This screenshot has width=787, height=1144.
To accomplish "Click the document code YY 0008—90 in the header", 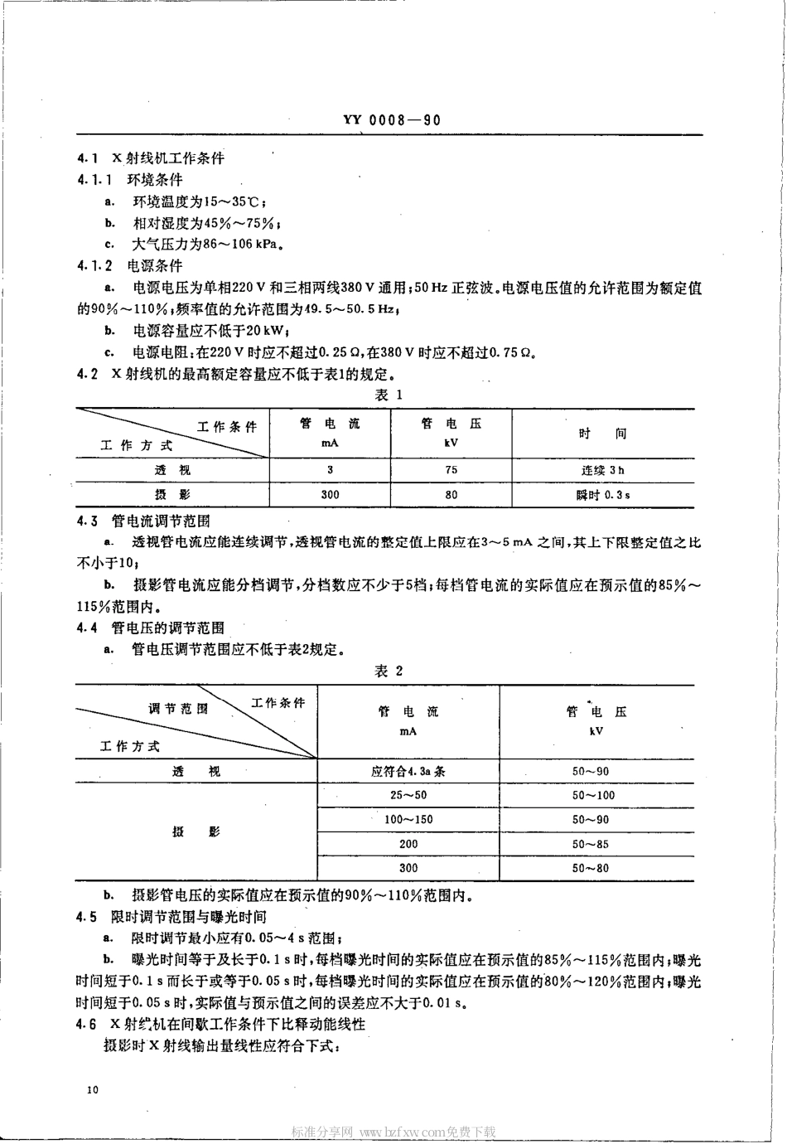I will (x=392, y=119).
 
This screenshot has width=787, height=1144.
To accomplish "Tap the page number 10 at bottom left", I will (x=91, y=1089).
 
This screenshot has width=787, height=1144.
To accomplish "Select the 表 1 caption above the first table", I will (x=389, y=395).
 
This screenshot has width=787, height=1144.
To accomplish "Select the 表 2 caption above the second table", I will (x=389, y=671).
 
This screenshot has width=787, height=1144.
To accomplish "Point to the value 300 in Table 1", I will (x=330, y=495).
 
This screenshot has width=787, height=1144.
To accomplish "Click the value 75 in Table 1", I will (x=451, y=469).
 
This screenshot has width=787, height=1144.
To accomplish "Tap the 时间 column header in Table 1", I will (x=602, y=434).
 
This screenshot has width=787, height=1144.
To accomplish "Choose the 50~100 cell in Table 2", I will (x=593, y=795).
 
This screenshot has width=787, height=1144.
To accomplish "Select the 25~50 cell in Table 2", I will (x=408, y=795).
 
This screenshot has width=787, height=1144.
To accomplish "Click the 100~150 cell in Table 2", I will (x=408, y=819).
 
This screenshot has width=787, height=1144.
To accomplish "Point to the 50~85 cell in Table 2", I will (x=591, y=844).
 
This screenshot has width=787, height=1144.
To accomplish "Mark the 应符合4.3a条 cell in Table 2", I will (x=408, y=771).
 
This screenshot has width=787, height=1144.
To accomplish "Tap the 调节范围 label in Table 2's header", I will (x=178, y=709).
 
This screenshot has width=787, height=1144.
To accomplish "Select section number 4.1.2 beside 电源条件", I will (x=94, y=266).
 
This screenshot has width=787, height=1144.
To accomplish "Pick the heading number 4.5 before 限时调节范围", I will (x=86, y=917).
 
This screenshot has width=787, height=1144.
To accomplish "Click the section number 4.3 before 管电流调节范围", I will (x=87, y=521).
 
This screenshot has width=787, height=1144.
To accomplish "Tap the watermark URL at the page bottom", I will (x=393, y=1132).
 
